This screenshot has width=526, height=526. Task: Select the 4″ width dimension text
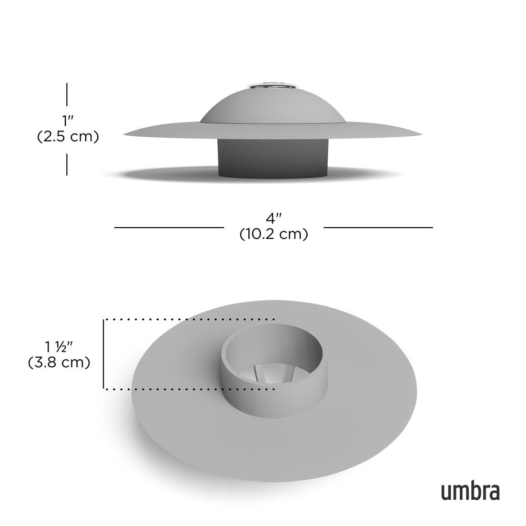click(x=274, y=217)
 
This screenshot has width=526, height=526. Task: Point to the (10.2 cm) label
click(x=274, y=234)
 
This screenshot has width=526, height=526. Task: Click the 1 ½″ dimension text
click(x=58, y=347)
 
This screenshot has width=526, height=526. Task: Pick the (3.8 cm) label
click(x=58, y=362)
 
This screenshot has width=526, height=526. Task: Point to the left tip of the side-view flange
click(x=126, y=135)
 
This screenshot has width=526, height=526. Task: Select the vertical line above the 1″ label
click(x=67, y=95)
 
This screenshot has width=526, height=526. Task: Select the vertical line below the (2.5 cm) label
click(x=67, y=164)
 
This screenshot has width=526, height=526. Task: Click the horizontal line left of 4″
click(x=168, y=227)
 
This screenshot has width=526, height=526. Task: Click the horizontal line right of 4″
click(x=378, y=227)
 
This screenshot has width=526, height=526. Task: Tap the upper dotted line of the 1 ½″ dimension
click(x=189, y=319)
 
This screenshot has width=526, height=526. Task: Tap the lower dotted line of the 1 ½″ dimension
click(x=189, y=389)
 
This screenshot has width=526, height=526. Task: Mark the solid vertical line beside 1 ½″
click(x=104, y=353)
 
